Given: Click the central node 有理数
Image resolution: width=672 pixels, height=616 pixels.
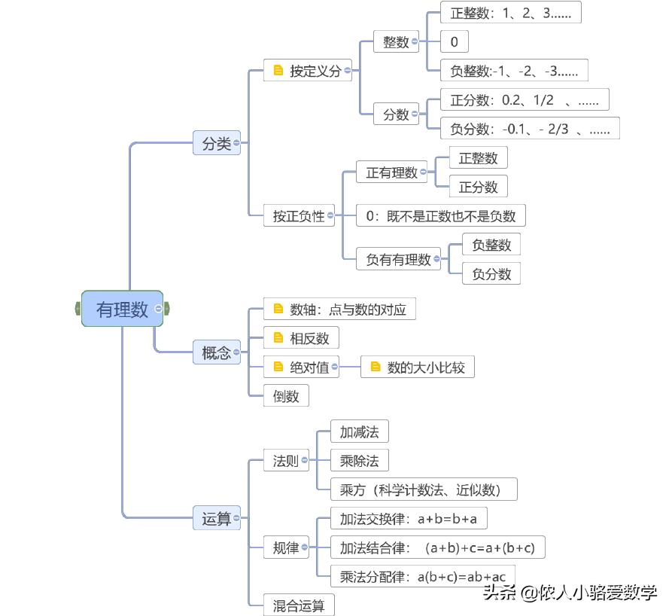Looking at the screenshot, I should click(x=122, y=309).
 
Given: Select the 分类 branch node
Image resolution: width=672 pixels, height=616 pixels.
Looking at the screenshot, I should click(x=216, y=143).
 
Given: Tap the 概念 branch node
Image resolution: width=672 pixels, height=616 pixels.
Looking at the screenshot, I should click(x=216, y=352).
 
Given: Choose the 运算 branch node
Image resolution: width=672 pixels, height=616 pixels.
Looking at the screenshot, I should click(x=216, y=518).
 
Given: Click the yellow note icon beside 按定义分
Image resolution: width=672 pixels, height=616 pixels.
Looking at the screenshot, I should click(x=278, y=71).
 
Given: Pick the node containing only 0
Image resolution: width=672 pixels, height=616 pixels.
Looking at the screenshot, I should click(x=454, y=41).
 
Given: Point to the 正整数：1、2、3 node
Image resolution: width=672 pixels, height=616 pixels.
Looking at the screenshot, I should click(x=510, y=13).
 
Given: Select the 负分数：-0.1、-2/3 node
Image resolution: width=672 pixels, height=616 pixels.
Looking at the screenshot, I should click(x=530, y=128).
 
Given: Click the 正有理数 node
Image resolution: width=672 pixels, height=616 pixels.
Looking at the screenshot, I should click(x=391, y=172).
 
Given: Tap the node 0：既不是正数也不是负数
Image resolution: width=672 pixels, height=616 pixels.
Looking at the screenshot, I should click(x=440, y=216).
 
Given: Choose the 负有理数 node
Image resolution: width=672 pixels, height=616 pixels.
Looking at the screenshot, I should click(x=398, y=260).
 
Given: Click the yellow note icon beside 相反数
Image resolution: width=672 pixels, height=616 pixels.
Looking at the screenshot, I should click(x=278, y=338).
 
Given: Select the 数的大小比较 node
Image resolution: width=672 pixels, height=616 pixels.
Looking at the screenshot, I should click(x=426, y=367).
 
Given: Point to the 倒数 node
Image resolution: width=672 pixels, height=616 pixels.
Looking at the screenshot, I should click(x=286, y=396).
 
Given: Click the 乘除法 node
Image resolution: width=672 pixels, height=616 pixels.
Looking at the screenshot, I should click(x=359, y=460).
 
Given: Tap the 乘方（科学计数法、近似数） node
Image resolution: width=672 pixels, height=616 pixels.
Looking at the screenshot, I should click(x=424, y=489).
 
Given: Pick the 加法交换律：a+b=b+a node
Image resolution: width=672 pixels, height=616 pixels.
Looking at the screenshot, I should click(x=412, y=519).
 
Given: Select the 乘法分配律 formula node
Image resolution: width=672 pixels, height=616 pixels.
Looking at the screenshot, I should click(x=422, y=577).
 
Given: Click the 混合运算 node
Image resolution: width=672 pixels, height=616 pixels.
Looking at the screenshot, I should click(x=298, y=605).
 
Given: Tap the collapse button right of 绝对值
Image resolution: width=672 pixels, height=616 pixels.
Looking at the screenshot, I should click(x=335, y=367).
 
